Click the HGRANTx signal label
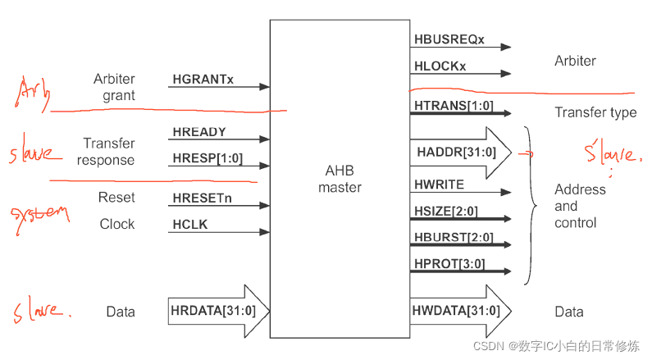coord(203,80)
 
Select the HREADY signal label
coord(199,132)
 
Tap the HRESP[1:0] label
coord(207,157)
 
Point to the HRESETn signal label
coord(203,198)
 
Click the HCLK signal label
coord(191,224)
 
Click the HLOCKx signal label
coord(441,66)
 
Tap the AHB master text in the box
coord(339,179)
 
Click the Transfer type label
coord(595,112)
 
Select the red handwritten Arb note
coord(31,94)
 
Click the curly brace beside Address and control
coord(532,205)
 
